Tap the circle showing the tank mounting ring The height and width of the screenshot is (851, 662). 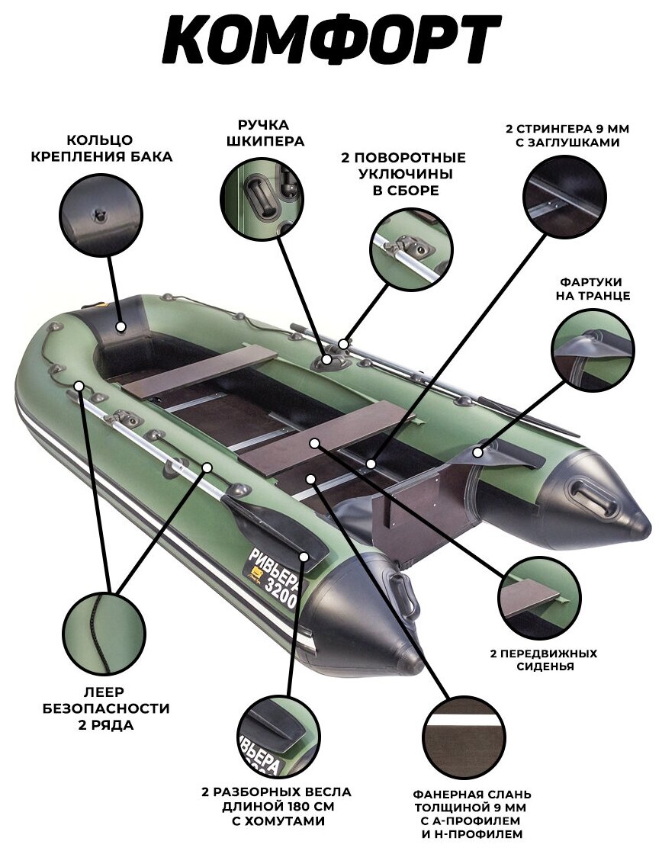coord(102,214)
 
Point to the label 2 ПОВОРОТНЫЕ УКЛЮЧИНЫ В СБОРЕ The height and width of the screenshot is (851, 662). coord(403,174)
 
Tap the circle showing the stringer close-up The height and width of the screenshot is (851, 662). coord(563,197)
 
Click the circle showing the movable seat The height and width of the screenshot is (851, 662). coord(540,597)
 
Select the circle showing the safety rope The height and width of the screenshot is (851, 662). coord(104,634)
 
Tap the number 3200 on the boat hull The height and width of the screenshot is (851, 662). coord(284,591)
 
